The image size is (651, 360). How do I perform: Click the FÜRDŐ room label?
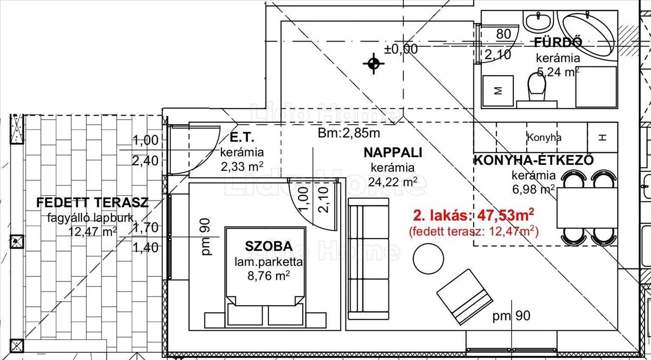[x=558, y=43]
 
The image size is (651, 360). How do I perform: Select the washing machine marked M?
[x=498, y=91]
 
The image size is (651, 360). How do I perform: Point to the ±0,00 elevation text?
[x=401, y=49]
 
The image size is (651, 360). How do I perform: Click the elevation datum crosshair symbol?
[x=374, y=63]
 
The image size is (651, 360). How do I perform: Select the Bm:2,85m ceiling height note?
[x=349, y=133]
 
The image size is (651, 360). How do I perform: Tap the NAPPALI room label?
[x=393, y=152]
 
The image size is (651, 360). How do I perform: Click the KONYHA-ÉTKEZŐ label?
[x=534, y=160]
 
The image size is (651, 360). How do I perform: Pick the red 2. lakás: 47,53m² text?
[x=474, y=215]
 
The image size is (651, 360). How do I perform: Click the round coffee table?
[x=428, y=258]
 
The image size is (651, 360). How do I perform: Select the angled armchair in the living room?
[x=464, y=297]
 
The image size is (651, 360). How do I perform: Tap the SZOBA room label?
[x=269, y=246]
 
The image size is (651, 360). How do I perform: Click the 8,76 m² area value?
[x=269, y=275]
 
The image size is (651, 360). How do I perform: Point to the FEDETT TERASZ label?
[x=92, y=203]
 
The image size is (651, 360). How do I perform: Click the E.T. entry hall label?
[x=242, y=138]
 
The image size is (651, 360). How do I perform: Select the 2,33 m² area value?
[x=242, y=167]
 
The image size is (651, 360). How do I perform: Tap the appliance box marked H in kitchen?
[x=603, y=137]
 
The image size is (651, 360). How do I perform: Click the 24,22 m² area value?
[x=393, y=182]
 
